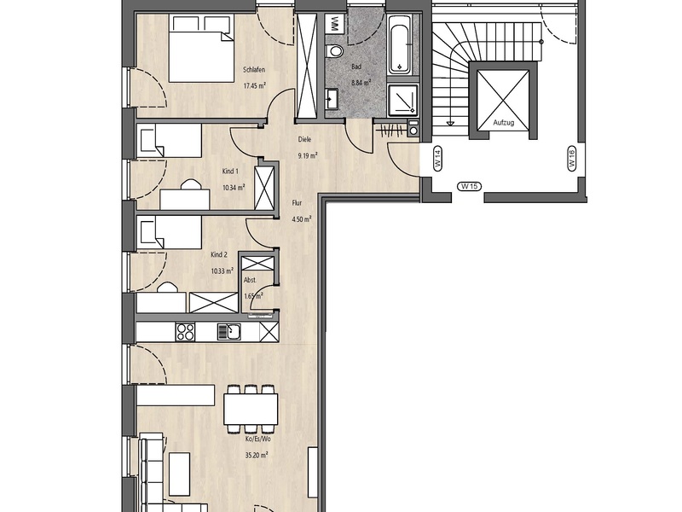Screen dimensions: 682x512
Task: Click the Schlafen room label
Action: coord(254,70)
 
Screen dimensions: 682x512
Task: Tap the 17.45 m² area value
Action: coord(254,86)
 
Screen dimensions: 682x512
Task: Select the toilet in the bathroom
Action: coord(334,51)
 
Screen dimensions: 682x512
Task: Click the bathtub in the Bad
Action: coord(399,44)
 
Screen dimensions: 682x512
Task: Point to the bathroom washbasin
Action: coord(332,99)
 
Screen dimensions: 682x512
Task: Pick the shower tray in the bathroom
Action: coord(403,101)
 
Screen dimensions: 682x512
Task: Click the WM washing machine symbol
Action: coord(334,24)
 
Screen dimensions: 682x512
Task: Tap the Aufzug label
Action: coord(504,123)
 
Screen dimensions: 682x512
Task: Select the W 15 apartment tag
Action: coord(470,186)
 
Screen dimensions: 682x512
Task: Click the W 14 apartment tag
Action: coord(437,158)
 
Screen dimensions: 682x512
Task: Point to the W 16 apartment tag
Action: coord(571,158)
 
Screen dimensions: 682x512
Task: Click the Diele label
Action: coord(304,140)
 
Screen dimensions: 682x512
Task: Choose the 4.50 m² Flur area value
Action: coord(302,219)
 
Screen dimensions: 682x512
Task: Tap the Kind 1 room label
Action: coord(230,172)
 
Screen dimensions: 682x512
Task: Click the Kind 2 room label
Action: coord(219,255)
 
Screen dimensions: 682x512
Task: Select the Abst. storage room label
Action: coord(250,281)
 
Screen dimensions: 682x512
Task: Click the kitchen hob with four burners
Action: coord(185,332)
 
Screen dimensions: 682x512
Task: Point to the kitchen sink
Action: coord(229,332)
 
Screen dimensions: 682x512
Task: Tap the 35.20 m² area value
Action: coord(257,456)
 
